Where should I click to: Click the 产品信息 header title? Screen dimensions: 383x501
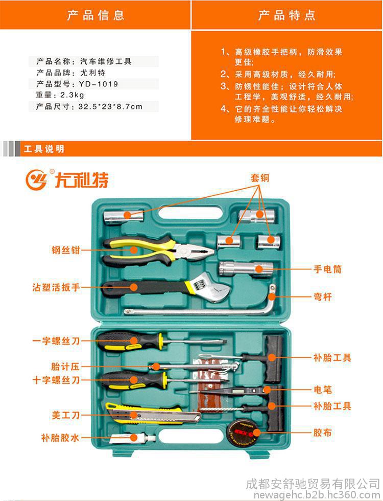(x=95, y=15)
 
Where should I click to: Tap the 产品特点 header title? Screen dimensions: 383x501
(x=286, y=15)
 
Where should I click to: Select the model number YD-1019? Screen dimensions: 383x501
(x=99, y=84)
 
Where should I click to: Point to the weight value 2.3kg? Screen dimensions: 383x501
(x=73, y=95)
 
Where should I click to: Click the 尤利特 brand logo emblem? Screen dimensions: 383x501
(x=36, y=179)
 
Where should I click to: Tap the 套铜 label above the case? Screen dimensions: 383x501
(x=260, y=178)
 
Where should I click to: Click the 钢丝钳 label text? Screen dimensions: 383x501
(x=66, y=250)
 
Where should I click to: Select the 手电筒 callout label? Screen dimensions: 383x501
(x=327, y=269)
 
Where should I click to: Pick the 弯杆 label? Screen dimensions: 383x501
(x=323, y=297)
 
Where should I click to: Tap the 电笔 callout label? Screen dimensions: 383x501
(x=323, y=390)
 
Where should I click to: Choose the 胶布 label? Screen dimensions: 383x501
(x=323, y=432)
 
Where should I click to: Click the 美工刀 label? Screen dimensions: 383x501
(x=66, y=415)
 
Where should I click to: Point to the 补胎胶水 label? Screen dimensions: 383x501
(x=60, y=438)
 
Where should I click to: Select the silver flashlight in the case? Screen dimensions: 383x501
(x=246, y=269)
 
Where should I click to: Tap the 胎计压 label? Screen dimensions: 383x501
(x=65, y=366)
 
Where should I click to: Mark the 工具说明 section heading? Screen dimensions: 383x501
(x=44, y=149)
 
